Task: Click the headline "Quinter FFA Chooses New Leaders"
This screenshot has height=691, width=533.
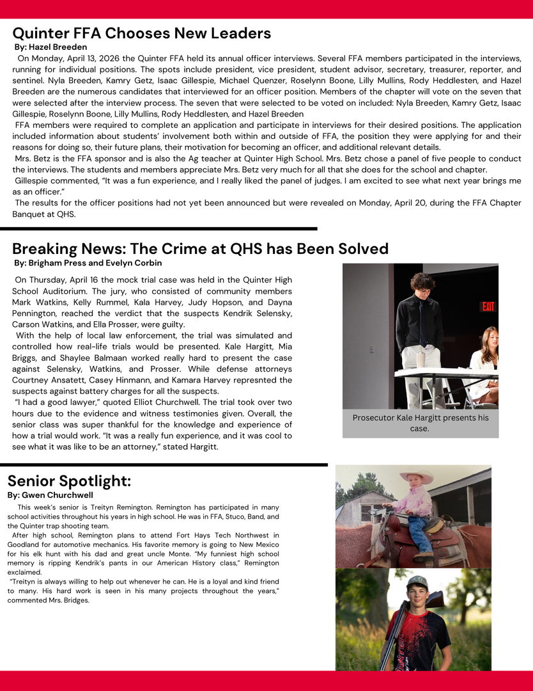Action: point(141,33)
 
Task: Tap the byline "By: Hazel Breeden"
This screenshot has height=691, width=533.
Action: point(50,47)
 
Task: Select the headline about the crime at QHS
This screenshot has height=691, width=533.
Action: point(200,249)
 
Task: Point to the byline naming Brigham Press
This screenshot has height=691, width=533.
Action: point(88,263)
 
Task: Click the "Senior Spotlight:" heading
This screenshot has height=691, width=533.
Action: point(69,481)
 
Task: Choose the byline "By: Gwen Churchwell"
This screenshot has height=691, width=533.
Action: point(50,495)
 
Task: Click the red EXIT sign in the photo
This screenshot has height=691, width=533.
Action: point(488,307)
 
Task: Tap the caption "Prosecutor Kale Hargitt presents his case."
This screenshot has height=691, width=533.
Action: point(420,423)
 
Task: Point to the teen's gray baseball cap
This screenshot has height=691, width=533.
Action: point(417,582)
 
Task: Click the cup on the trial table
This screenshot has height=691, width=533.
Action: point(421,360)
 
